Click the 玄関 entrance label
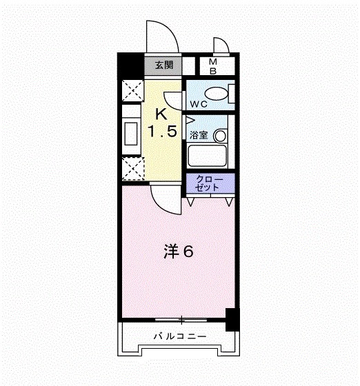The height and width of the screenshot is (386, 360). point(163,65)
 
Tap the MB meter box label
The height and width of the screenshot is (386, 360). point(213,65)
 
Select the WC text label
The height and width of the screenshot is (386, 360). point(199,105)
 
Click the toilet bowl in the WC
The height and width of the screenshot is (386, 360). point(219,94)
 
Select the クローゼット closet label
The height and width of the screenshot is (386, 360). point(210,183)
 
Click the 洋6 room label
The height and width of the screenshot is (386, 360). point(178,252)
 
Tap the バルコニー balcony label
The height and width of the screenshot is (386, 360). point(179,337)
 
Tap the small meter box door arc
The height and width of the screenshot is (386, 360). point(222,46)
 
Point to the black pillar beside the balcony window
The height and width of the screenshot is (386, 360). point(232,320)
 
